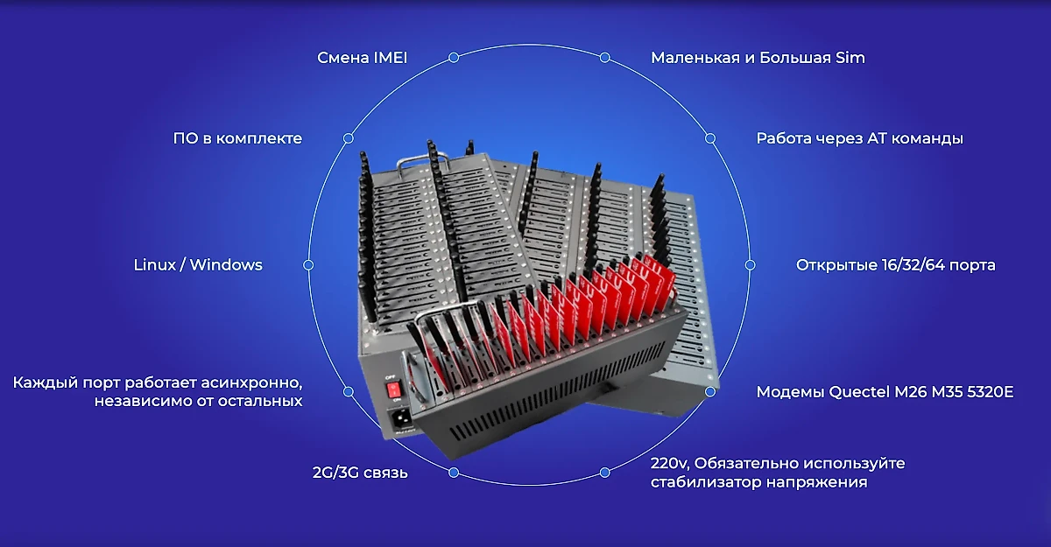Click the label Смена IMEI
363,58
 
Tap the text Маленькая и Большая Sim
758,58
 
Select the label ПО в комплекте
237,138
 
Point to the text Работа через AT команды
859,139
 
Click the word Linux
154,265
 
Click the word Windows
226,265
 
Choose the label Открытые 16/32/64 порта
896,265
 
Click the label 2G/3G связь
360,473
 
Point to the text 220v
669,464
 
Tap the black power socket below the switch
399,417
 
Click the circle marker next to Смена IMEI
454,58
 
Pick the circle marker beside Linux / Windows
308,265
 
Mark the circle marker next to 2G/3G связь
454,473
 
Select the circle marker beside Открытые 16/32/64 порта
751,265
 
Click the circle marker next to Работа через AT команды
710,138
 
